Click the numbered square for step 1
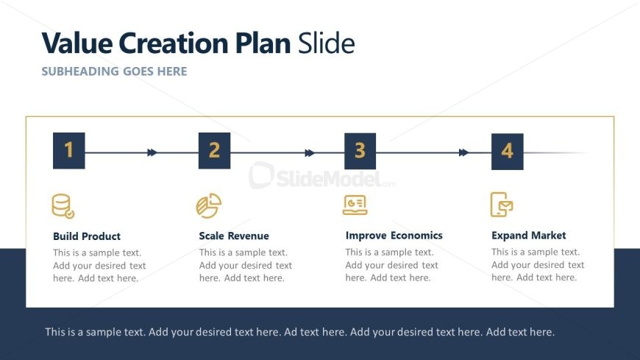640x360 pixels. coord(69,150)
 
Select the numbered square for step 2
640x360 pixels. coord(214,151)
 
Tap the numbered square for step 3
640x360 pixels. coord(360,151)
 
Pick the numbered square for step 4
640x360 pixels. coord(508,152)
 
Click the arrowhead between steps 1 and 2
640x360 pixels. coord(152,153)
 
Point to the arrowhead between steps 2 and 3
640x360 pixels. coord(310,153)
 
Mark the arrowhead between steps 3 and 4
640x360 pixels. coord(463,153)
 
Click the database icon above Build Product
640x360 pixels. coord(63,206)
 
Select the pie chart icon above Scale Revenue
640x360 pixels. coord(209,205)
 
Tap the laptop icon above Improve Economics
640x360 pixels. coord(355,205)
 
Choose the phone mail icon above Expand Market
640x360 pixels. coord(502,205)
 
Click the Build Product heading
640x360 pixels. coord(87,236)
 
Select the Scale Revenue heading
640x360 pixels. coord(234,236)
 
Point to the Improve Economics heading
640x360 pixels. coord(394,236)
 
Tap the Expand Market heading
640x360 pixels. coord(529,236)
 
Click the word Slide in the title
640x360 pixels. coord(326,43)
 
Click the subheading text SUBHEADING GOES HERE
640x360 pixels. coord(114,71)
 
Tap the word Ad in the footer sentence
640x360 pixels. coord(290,332)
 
